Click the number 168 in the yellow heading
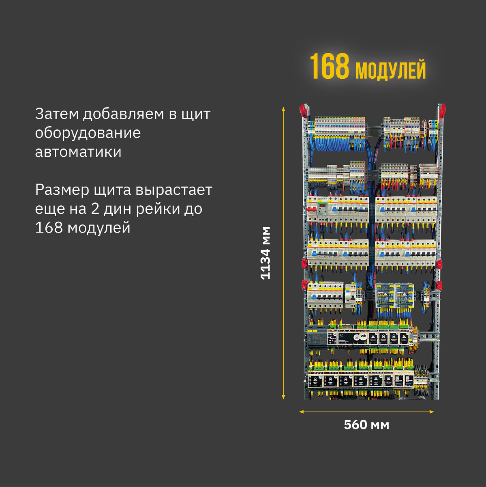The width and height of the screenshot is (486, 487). tap(329, 67)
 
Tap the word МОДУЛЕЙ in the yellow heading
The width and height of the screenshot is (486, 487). tap(390, 70)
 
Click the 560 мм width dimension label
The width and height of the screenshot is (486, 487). tap(366, 425)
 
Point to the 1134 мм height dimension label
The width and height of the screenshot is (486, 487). tap(265, 252)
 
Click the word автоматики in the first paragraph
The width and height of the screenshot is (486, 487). tap(78, 152)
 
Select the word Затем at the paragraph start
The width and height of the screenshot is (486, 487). tap(56, 114)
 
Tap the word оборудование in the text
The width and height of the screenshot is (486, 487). tap(88, 133)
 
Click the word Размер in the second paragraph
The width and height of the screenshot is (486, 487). tap(62, 190)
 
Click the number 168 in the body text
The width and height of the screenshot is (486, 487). tap(49, 228)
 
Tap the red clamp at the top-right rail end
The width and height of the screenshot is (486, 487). tap(441, 110)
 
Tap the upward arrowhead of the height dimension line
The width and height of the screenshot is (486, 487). tap(283, 109)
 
